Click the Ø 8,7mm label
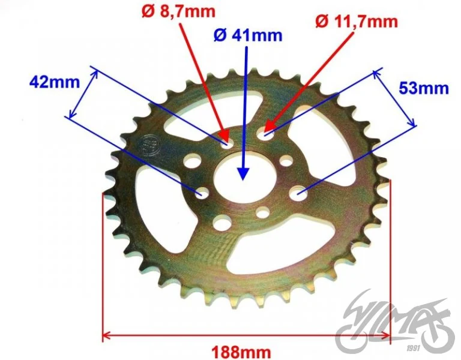[x=178, y=11]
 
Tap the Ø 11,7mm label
[x=357, y=21]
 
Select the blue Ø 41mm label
[x=248, y=35]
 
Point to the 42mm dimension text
[x=55, y=82]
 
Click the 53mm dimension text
[x=424, y=88]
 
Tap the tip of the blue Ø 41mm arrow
[x=243, y=179]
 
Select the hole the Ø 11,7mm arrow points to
[x=265, y=134]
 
